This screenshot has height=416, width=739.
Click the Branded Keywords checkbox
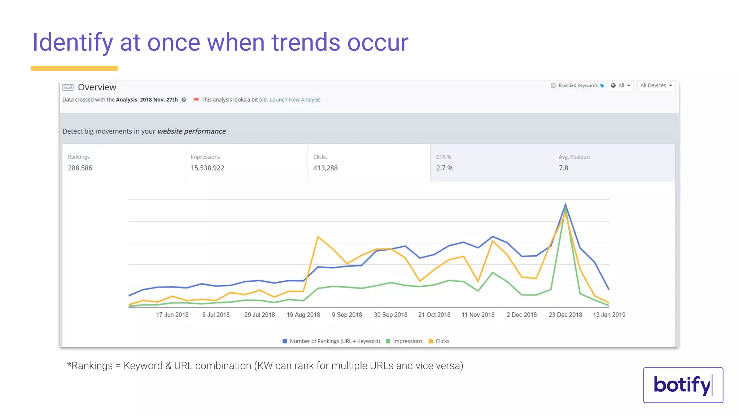(x=553, y=86)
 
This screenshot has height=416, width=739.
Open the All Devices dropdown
(x=656, y=86)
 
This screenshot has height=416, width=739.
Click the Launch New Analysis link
(x=295, y=100)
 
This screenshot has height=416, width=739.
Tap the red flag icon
(x=196, y=100)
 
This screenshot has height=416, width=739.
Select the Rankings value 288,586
(x=80, y=168)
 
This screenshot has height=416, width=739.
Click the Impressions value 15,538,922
(x=207, y=168)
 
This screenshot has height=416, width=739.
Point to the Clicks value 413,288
(x=325, y=168)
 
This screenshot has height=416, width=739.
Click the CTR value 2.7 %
(x=444, y=168)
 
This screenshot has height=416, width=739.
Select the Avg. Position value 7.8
(x=563, y=168)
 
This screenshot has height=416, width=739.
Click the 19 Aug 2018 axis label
(x=303, y=315)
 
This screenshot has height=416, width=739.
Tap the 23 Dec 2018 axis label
(x=565, y=315)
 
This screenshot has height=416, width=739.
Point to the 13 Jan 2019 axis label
(x=609, y=315)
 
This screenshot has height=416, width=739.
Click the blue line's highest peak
(x=565, y=204)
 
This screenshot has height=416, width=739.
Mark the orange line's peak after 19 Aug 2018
(x=318, y=237)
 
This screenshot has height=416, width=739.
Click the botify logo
(x=683, y=385)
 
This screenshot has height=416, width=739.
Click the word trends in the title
(x=306, y=43)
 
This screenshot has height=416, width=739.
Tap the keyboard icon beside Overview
(x=68, y=87)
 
